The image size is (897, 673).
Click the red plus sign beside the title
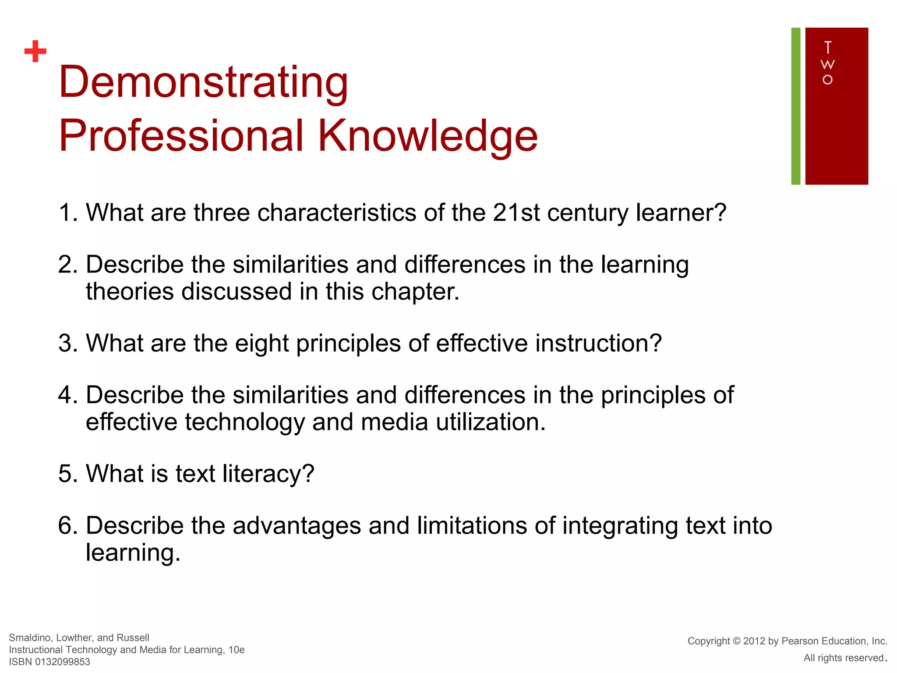pyautogui.click(x=35, y=51)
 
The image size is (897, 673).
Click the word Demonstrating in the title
pyautogui.click(x=203, y=82)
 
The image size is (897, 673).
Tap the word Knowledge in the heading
pyautogui.click(x=427, y=136)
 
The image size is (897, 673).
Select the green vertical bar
pyautogui.click(x=795, y=106)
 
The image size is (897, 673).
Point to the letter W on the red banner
pyautogui.click(x=827, y=64)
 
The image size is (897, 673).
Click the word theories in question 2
pyautogui.click(x=130, y=291)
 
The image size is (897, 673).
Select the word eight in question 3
pyautogui.click(x=261, y=344)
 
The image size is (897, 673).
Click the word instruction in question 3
pyautogui.click(x=598, y=343)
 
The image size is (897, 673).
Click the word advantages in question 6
pyautogui.click(x=297, y=526)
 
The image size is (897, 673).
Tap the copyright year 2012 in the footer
pyautogui.click(x=754, y=641)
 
